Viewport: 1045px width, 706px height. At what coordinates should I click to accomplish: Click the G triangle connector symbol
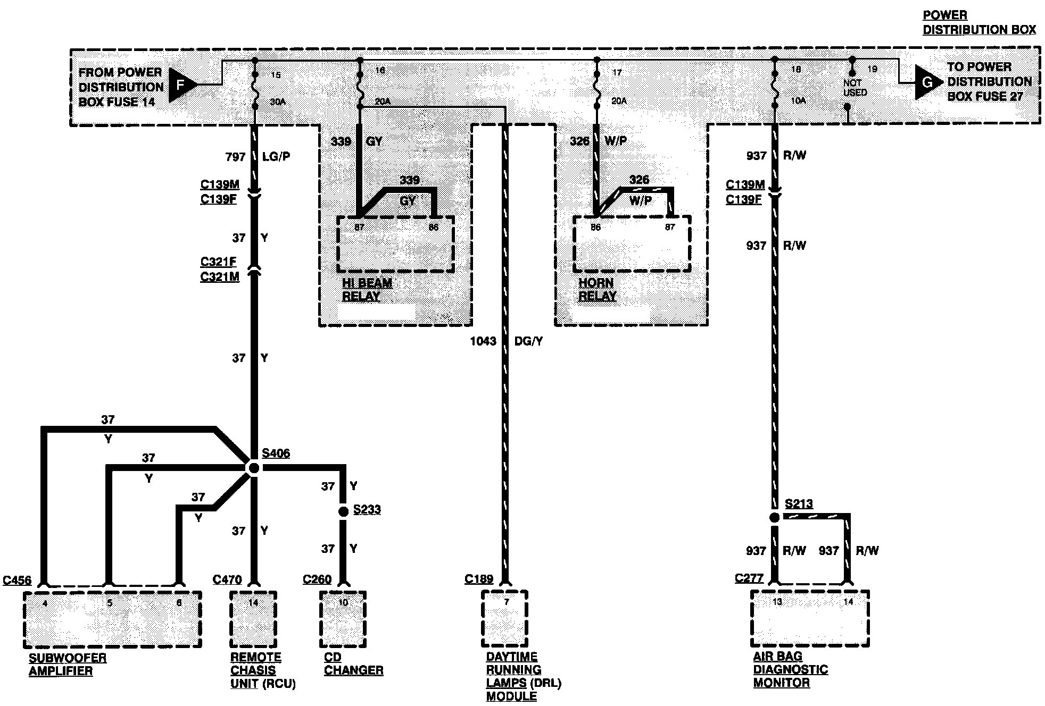pos(927,82)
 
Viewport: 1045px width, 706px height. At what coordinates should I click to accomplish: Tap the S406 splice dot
pos(254,468)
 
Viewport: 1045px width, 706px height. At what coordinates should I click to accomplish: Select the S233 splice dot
pos(343,511)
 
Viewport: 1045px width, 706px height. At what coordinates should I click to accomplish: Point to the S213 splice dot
pos(775,517)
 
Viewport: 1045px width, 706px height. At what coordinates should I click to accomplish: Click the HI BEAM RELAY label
pos(367,290)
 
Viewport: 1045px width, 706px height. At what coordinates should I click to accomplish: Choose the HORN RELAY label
pos(597,290)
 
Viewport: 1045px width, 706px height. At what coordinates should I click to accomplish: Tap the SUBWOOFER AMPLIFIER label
pos(68,665)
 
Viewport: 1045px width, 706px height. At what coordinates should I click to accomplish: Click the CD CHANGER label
pos(353,665)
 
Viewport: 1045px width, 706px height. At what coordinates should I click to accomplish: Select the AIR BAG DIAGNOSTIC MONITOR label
pos(790,669)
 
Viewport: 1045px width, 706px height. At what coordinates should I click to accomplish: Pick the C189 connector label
pos(479,579)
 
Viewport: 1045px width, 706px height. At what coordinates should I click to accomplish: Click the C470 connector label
pos(227,579)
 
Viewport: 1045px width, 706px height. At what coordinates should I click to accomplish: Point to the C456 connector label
pos(17,580)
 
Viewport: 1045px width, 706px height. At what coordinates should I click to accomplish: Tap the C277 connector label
pos(749,578)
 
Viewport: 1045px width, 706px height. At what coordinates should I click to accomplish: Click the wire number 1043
pos(483,341)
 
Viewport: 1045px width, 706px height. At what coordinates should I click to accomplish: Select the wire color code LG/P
pos(276,157)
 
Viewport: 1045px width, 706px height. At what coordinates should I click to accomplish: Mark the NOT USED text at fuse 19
pos(855,88)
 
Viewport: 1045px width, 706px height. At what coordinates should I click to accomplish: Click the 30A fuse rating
pos(278,102)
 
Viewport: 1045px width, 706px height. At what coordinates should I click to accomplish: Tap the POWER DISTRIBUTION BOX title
pos(979,22)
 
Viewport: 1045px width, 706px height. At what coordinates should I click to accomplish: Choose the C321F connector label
pos(218,262)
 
